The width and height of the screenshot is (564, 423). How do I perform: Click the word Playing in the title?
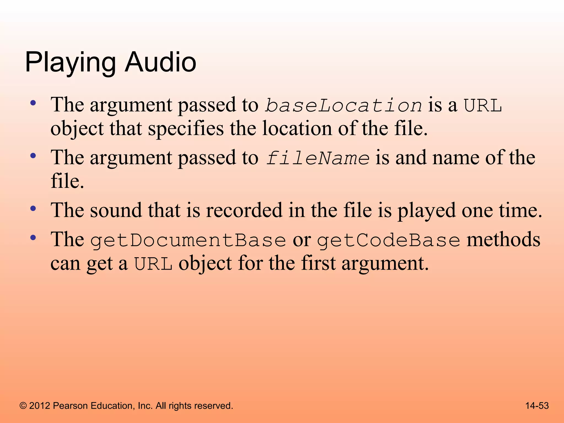coord(70,63)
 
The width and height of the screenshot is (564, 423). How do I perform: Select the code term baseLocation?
coord(343,105)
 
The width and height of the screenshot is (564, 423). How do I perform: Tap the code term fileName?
coord(318,158)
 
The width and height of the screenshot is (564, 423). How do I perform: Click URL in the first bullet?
coord(482,105)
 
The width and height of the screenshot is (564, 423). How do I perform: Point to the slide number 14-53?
coord(537,406)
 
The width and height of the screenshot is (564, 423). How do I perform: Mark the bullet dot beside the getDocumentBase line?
coord(33,237)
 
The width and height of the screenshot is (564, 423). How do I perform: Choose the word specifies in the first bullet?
coord(186,129)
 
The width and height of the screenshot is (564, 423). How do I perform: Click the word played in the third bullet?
coord(426,211)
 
